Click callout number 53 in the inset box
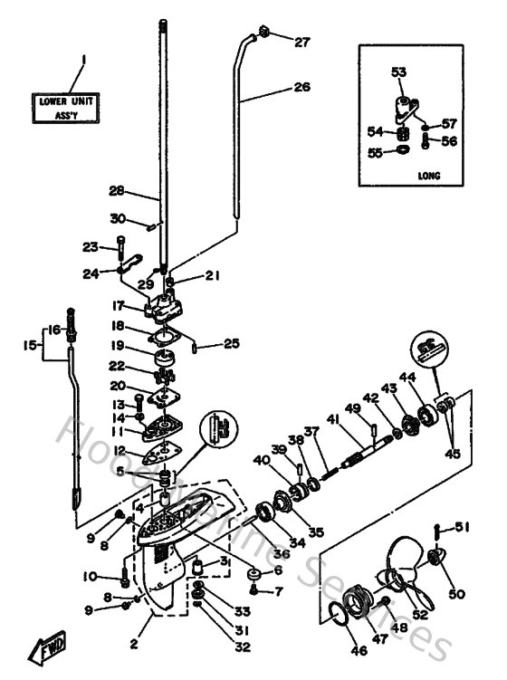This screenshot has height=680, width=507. (x=399, y=72)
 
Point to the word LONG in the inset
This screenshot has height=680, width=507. (x=430, y=176)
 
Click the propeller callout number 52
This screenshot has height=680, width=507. (x=420, y=615)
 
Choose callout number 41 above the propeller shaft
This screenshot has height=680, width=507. (x=333, y=418)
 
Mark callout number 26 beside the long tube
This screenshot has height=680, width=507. (x=301, y=88)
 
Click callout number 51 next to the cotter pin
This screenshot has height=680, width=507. (x=463, y=528)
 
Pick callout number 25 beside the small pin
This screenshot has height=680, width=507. (x=232, y=343)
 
